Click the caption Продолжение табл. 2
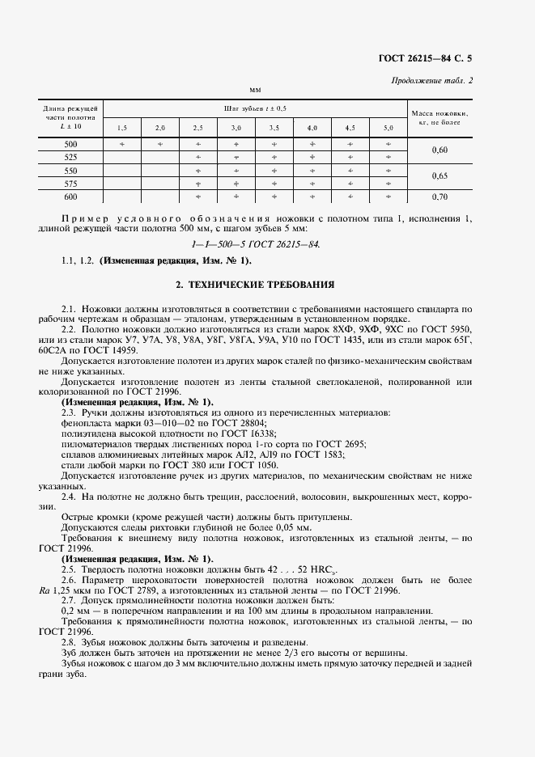[x=432, y=80]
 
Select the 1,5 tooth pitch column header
[x=122, y=128]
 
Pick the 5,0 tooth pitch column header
[x=389, y=128]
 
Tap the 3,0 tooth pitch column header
[x=236, y=128]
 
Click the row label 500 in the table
[x=70, y=144]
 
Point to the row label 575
[x=70, y=184]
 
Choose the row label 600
[x=70, y=197]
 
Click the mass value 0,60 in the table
[x=439, y=150]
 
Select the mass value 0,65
[x=439, y=176]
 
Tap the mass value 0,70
[x=439, y=197]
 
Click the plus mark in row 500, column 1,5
[x=122, y=144]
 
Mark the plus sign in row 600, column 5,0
[x=389, y=197]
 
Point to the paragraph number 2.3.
[x=69, y=412]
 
